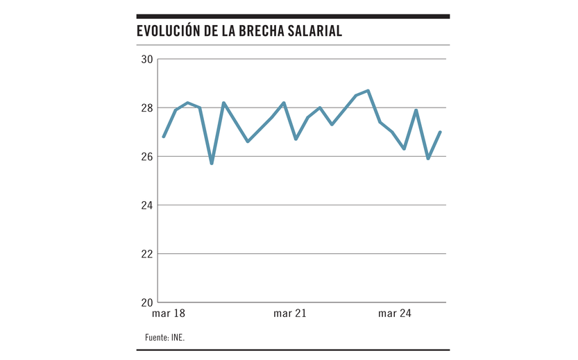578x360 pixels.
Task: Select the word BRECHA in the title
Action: click(x=262, y=31)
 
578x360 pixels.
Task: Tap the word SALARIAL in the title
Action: click(x=316, y=31)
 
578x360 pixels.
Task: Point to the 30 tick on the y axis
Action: click(x=146, y=59)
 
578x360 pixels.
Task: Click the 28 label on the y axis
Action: click(x=146, y=108)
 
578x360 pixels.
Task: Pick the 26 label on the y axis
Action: click(x=146, y=157)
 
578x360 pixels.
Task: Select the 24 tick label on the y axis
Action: click(x=146, y=205)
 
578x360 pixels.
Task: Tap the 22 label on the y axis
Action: click(x=146, y=254)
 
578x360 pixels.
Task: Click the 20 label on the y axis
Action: click(x=146, y=302)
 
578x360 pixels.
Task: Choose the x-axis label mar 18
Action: click(x=169, y=314)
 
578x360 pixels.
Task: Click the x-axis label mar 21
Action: click(x=290, y=314)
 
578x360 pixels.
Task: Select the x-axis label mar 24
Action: click(x=395, y=314)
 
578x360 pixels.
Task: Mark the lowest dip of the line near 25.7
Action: click(x=212, y=164)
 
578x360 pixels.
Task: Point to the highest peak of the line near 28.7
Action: click(x=368, y=90)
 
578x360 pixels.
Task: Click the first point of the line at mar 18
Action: click(x=164, y=137)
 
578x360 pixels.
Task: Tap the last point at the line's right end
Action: click(x=441, y=132)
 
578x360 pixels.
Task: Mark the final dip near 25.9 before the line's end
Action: click(x=428, y=159)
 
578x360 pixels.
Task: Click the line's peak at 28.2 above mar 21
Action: click(x=284, y=103)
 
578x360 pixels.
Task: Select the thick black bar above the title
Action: click(x=293, y=16)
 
